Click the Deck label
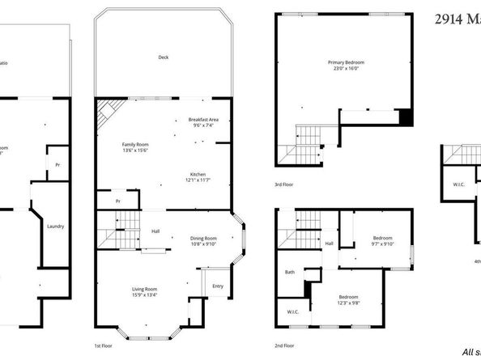[164, 57]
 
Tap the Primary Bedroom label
[346, 62]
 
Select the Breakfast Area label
[203, 119]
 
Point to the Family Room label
[138, 144]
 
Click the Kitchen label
[198, 175]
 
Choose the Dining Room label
[203, 238]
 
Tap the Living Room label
[145, 289]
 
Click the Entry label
[218, 286]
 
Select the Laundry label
[56, 227]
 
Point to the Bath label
[289, 272]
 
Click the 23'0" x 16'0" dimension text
[346, 70]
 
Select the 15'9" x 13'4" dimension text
[145, 296]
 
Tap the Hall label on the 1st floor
[155, 232]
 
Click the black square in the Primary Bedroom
[407, 117]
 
